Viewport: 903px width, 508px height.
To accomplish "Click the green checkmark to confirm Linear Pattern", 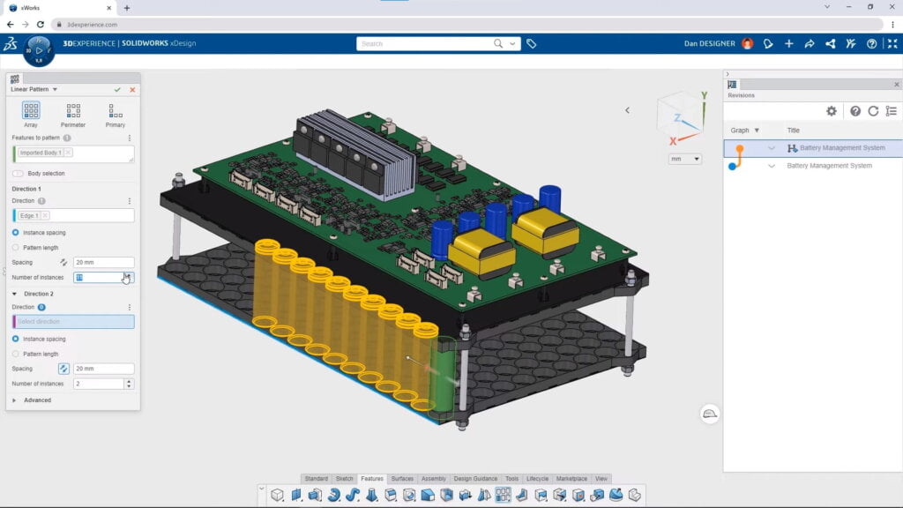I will pyautogui.click(x=117, y=89).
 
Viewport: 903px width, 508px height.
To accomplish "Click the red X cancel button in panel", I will pyautogui.click(x=132, y=89).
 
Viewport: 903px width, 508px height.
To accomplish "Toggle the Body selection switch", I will pyautogui.click(x=19, y=174).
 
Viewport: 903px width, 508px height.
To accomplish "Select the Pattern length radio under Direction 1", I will pyautogui.click(x=16, y=248).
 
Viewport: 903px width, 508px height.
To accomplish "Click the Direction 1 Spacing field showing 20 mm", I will pyautogui.click(x=103, y=262).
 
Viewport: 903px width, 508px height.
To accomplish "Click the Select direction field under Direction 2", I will pyautogui.click(x=74, y=322).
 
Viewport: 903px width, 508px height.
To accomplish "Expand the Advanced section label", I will pyautogui.click(x=37, y=400).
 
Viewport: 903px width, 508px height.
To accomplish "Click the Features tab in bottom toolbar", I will pyautogui.click(x=371, y=479).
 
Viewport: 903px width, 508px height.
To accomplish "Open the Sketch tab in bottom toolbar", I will pyautogui.click(x=344, y=479).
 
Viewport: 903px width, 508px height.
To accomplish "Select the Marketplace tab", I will pyautogui.click(x=572, y=479).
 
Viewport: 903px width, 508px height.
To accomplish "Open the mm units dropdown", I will pyautogui.click(x=685, y=159).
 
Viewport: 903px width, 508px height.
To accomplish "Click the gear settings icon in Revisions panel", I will pyautogui.click(x=831, y=111).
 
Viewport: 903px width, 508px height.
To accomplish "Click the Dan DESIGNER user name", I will pyautogui.click(x=710, y=43).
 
